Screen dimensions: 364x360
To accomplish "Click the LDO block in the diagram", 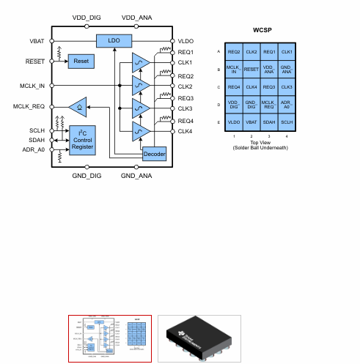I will coord(114,40).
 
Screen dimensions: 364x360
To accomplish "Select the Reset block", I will coord(81,62).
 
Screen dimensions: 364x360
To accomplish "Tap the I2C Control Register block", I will coord(82,141).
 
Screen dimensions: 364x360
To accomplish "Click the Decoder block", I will coord(153,154).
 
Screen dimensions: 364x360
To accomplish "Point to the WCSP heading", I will coord(261,31).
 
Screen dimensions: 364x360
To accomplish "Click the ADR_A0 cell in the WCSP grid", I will coord(287,105).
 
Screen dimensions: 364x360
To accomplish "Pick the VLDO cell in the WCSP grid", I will coord(234,122).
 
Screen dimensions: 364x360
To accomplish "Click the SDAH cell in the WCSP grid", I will coord(269,122).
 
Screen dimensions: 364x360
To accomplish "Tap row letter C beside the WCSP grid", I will coord(218,87).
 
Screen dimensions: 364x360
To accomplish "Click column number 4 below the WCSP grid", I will coord(287,136).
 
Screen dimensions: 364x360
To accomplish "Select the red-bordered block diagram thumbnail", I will coord(110,338).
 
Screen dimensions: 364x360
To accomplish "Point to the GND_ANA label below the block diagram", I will coord(136,177).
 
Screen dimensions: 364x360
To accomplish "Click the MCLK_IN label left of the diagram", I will coord(32,86).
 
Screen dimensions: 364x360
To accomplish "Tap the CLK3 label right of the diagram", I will coord(185,108).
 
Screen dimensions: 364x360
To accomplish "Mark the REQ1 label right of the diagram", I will coord(185,52).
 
